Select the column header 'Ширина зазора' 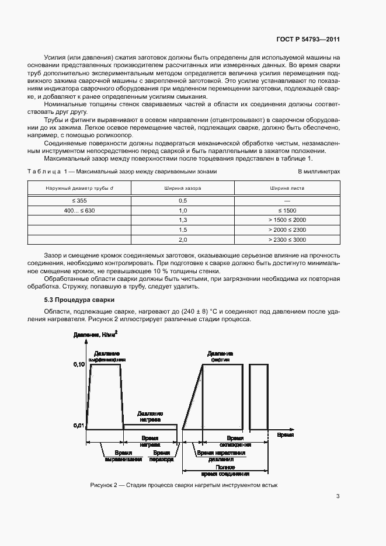[182, 188]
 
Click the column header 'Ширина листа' [287, 188]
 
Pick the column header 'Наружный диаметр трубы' [79, 188]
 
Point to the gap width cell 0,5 [182, 200]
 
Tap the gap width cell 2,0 [182, 239]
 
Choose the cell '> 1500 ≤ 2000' [287, 220]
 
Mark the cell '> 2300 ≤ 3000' [287, 239]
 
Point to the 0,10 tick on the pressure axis [79, 364]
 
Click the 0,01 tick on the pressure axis [79, 425]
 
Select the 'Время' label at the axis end [285, 436]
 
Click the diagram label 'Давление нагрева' [151, 416]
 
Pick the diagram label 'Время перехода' [161, 455]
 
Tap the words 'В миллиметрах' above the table [318, 172]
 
